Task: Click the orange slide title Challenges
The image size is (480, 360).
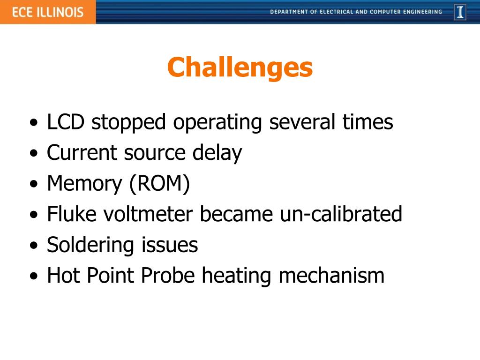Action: pyautogui.click(x=240, y=67)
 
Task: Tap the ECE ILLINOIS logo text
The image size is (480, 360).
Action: pyautogui.click(x=47, y=12)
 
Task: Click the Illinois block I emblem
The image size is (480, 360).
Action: pyautogui.click(x=460, y=12)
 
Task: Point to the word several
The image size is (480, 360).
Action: pyautogui.click(x=302, y=122)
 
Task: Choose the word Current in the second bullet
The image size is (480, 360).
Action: pyautogui.click(x=82, y=153)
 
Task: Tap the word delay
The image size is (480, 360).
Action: pyautogui.click(x=217, y=153)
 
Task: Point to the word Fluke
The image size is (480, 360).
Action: pyautogui.click(x=71, y=214)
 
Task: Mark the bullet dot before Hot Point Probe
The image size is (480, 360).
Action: pyautogui.click(x=33, y=277)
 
